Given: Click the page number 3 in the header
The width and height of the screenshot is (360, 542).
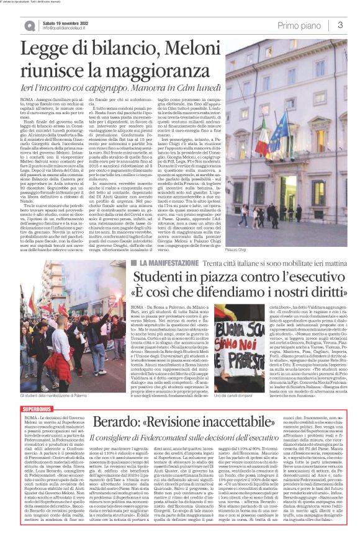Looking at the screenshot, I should [341, 25].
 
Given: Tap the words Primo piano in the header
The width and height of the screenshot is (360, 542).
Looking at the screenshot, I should [299, 25].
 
